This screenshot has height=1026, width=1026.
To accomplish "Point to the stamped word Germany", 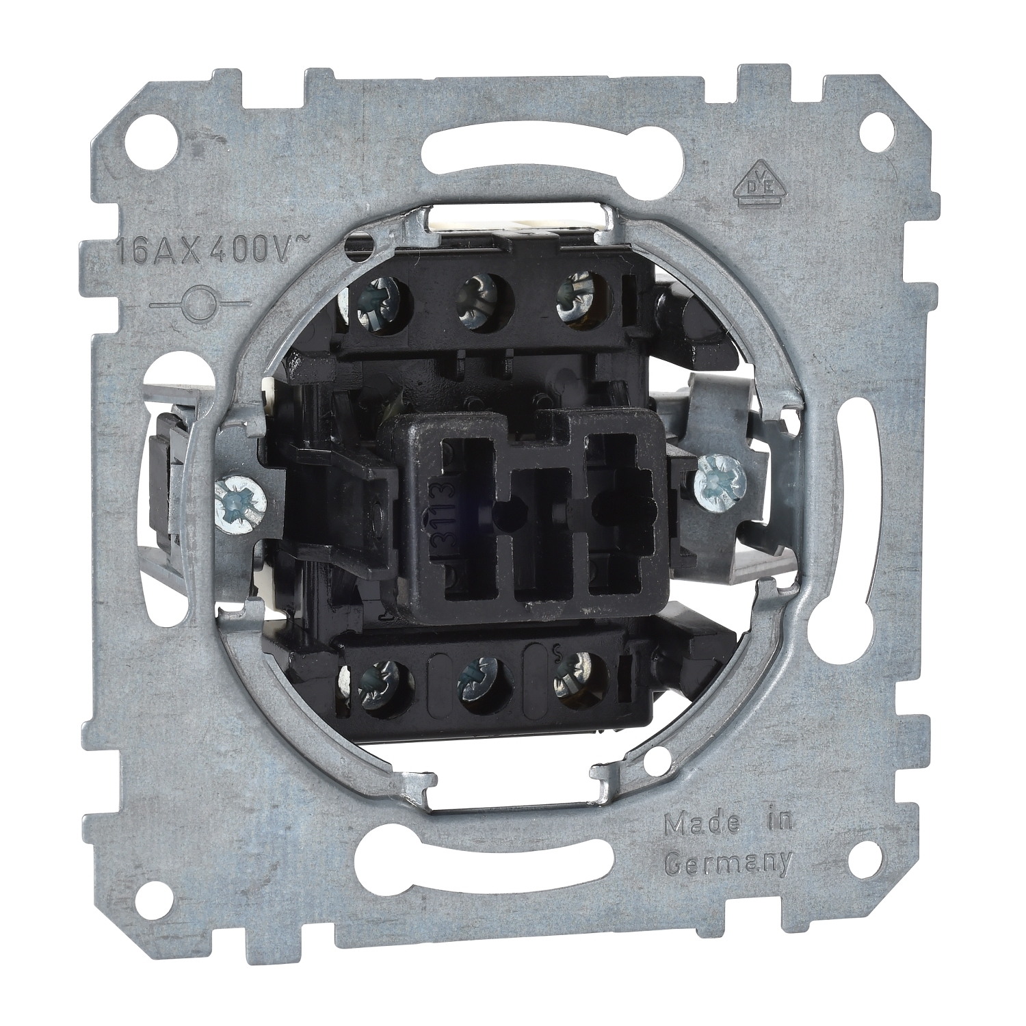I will (728, 864).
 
